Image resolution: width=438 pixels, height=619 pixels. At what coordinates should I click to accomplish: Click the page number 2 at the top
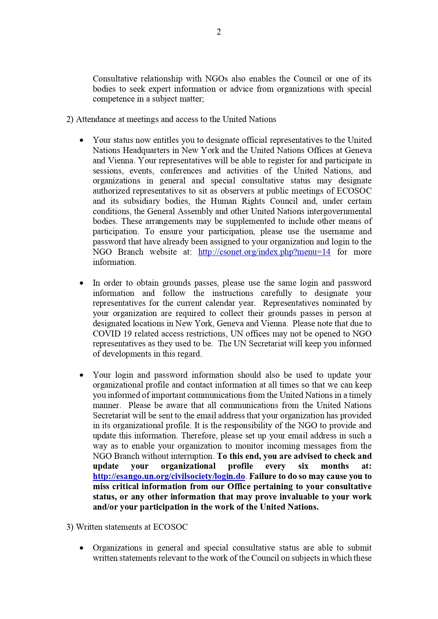tap(219, 32)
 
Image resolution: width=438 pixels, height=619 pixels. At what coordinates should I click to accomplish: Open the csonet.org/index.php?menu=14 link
tap(264, 252)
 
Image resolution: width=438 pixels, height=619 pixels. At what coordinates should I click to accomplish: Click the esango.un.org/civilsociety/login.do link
tap(169, 476)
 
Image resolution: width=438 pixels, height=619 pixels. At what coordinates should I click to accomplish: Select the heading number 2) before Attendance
tap(70, 119)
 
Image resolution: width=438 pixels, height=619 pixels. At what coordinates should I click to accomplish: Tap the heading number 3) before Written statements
tap(70, 527)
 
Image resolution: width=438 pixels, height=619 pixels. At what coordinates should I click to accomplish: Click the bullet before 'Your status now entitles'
tap(82, 140)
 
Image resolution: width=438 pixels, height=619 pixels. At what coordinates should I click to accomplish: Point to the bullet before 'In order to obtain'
tap(82, 283)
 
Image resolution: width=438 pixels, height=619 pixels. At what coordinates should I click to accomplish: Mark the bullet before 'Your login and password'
tap(82, 375)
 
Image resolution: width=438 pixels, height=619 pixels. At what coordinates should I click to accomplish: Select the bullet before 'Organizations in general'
tap(82, 548)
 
